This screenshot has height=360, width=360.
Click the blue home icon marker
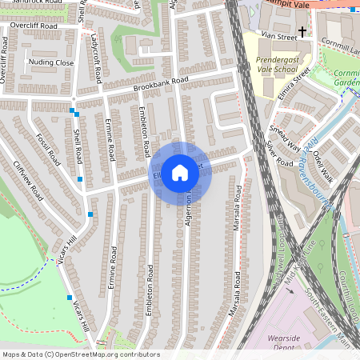click(x=180, y=172)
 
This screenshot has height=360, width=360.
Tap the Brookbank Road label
click(x=161, y=82)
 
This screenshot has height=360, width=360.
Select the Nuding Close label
click(x=50, y=62)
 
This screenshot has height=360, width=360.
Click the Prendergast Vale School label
click(x=276, y=64)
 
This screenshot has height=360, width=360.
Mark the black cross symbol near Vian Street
click(x=302, y=31)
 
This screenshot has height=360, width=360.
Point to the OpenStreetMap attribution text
click(x=80, y=354)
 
